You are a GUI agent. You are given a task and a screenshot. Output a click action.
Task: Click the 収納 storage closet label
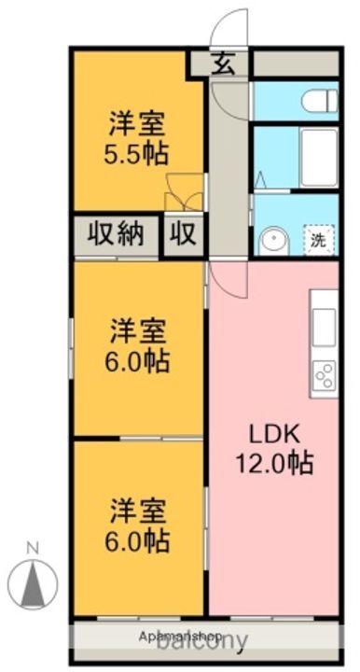[117, 232]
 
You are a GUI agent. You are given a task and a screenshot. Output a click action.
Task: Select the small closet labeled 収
[184, 233]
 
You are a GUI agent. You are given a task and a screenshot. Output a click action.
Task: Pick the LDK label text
[272, 433]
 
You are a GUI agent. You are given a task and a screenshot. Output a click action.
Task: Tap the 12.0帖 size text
[273, 461]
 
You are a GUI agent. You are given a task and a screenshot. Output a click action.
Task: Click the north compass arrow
[33, 584]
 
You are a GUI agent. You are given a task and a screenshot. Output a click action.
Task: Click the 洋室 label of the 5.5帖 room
[138, 121]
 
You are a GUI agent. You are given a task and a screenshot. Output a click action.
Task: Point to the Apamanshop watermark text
[182, 636]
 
